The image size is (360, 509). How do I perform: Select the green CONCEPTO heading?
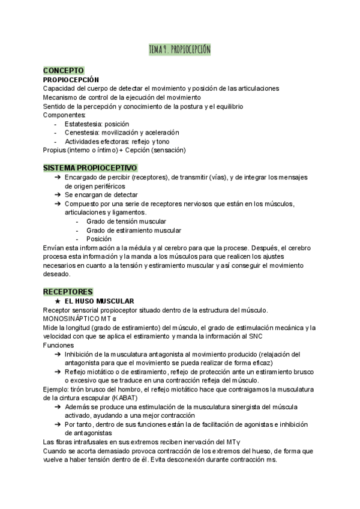click(64, 71)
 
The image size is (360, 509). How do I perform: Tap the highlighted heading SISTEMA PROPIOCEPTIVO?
click(90, 167)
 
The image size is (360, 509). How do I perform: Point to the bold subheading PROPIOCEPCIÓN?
click(71, 80)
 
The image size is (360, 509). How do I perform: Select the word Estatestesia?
click(84, 124)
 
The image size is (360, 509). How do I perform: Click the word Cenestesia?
click(83, 133)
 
